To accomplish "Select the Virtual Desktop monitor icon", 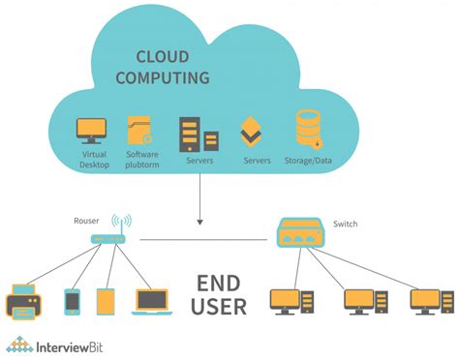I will tap(92, 131).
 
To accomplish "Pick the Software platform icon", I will tap(140, 132).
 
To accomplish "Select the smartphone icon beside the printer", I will tap(73, 301).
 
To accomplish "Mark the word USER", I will tap(220, 309).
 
